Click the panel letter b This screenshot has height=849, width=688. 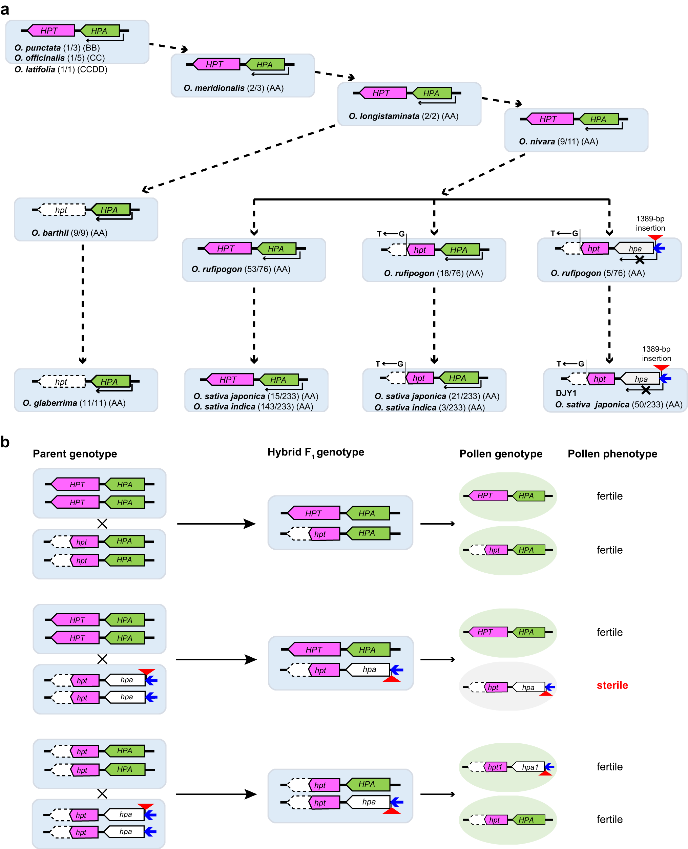tap(5, 442)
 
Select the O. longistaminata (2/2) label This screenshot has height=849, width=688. tap(403, 116)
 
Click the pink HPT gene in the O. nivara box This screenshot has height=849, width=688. tap(548, 119)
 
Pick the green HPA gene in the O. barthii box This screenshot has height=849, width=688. tap(110, 210)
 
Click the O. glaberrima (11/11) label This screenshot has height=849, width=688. tap(74, 403)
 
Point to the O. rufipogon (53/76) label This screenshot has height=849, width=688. tap(241, 269)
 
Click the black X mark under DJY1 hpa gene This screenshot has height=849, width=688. tap(646, 390)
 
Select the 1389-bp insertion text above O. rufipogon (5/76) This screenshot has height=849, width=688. tap(650, 223)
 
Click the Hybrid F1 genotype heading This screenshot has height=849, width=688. tap(315, 452)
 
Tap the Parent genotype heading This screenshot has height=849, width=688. tap(75, 453)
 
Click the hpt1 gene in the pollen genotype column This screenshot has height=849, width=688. tap(495, 767)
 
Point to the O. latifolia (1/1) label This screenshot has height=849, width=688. tap(61, 69)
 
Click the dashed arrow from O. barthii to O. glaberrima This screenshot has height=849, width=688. tap(82, 303)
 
